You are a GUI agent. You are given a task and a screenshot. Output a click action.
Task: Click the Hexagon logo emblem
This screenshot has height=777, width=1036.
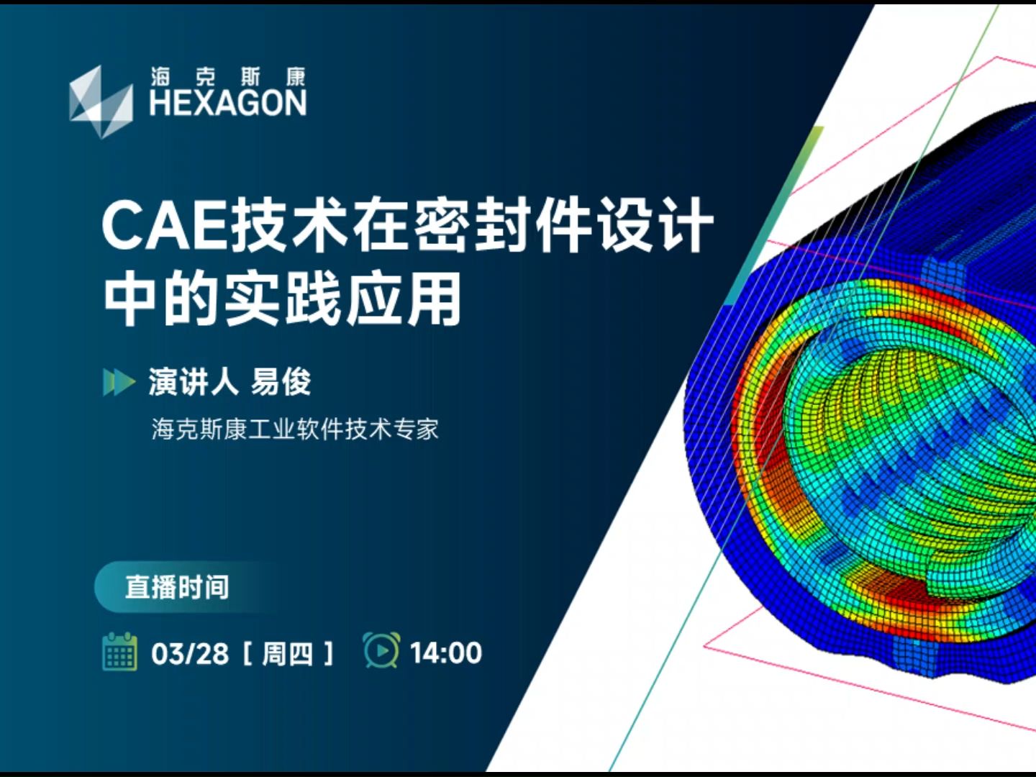coord(100,101)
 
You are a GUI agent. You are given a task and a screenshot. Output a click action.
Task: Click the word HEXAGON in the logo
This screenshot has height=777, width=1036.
coord(227,104)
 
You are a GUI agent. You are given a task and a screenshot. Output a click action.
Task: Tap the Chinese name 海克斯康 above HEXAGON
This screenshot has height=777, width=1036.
coord(227,76)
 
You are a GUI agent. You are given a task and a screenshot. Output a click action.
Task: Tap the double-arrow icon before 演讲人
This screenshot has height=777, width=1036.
coord(119,382)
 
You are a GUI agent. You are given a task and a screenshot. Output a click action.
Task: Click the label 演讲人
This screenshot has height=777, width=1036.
coord(193,382)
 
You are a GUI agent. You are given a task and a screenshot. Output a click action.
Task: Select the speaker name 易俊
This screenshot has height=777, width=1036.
coord(281,382)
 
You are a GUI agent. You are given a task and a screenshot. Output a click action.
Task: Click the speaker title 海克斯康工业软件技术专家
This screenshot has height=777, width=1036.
coord(295,430)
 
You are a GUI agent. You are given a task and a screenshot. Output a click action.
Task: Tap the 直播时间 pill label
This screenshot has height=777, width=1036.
coord(177,587)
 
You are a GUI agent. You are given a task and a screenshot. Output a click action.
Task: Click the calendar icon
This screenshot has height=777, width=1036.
coord(119,652)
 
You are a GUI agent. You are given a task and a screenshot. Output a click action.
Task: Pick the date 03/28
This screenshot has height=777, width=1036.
coord(189,653)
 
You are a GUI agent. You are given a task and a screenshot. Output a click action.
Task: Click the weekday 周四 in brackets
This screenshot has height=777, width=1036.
coord(287,653)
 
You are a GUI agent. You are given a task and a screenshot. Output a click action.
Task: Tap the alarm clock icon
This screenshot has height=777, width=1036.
coord(381,650)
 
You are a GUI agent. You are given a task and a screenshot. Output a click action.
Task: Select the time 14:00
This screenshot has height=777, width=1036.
coord(446,653)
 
